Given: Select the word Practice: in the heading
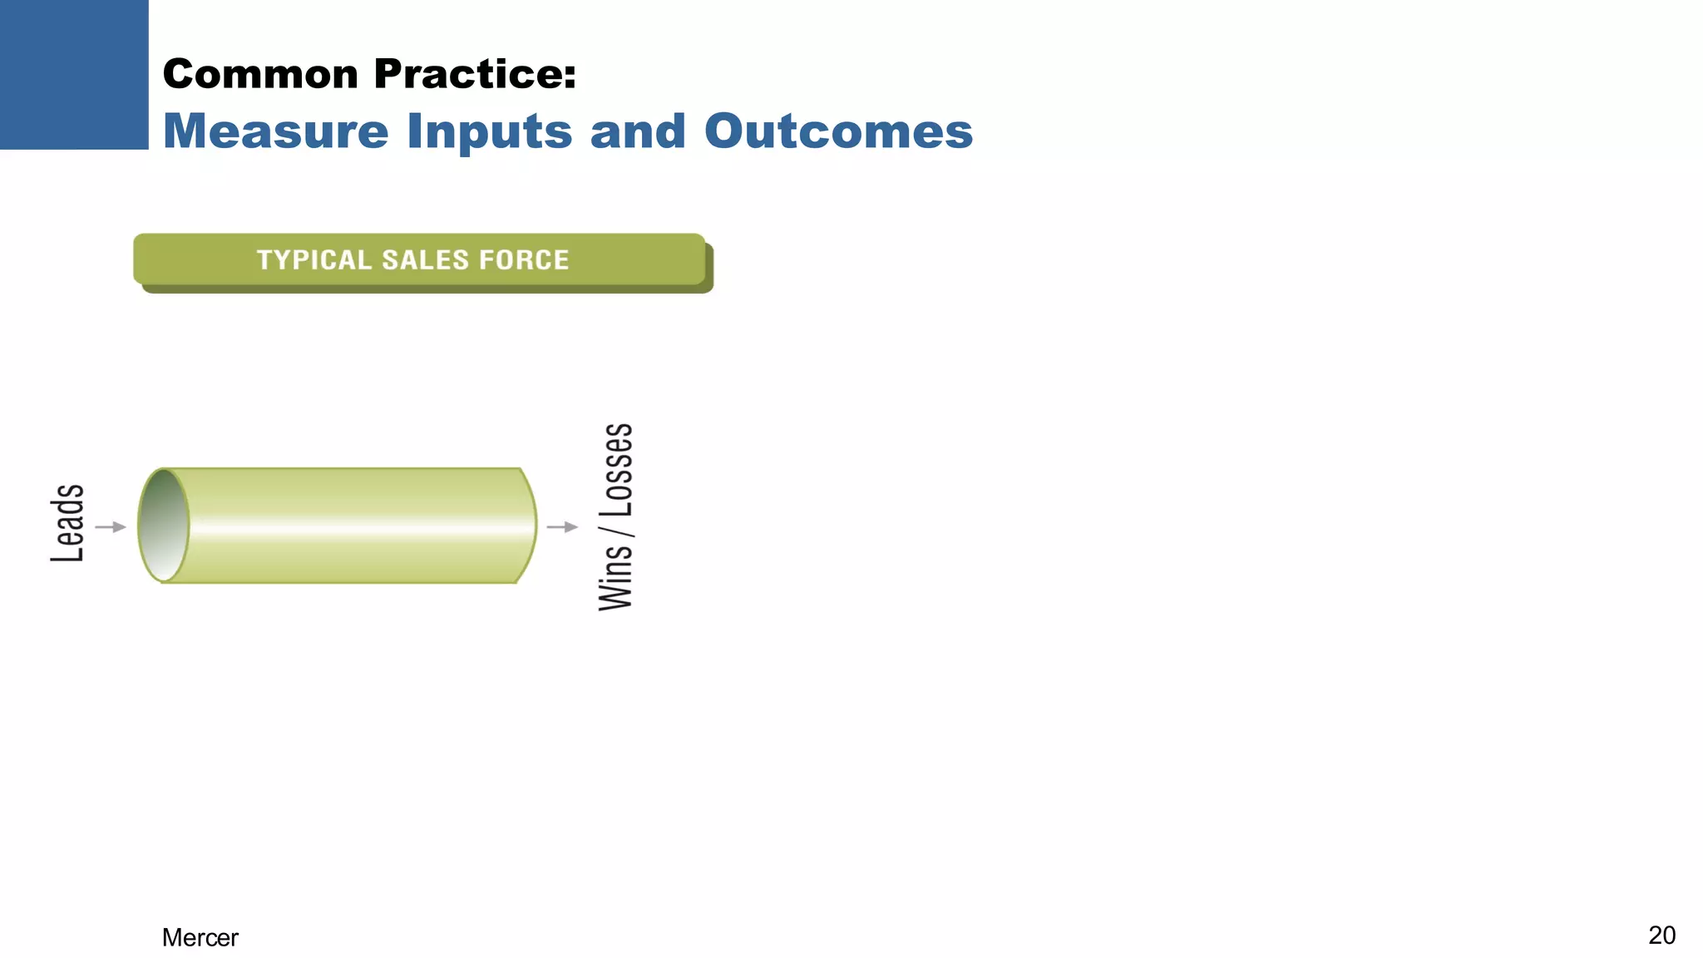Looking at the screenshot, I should [x=475, y=74].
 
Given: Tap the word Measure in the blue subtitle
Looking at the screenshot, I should [x=275, y=131].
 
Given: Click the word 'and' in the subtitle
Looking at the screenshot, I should [x=637, y=131].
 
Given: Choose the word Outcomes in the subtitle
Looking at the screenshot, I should [x=838, y=131].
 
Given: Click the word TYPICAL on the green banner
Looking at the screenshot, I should [x=313, y=260].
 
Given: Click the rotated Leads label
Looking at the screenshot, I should [x=67, y=523].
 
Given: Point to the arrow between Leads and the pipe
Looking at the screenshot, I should [x=111, y=526].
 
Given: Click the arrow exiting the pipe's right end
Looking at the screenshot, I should [x=562, y=526].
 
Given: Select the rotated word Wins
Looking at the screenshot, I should [x=616, y=577].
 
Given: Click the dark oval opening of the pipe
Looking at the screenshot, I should [x=163, y=525].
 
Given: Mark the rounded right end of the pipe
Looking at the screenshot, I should [x=527, y=525].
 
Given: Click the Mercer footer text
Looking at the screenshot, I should [x=200, y=937].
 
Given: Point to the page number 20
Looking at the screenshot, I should [x=1661, y=935].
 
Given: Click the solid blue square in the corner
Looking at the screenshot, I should [x=74, y=74].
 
